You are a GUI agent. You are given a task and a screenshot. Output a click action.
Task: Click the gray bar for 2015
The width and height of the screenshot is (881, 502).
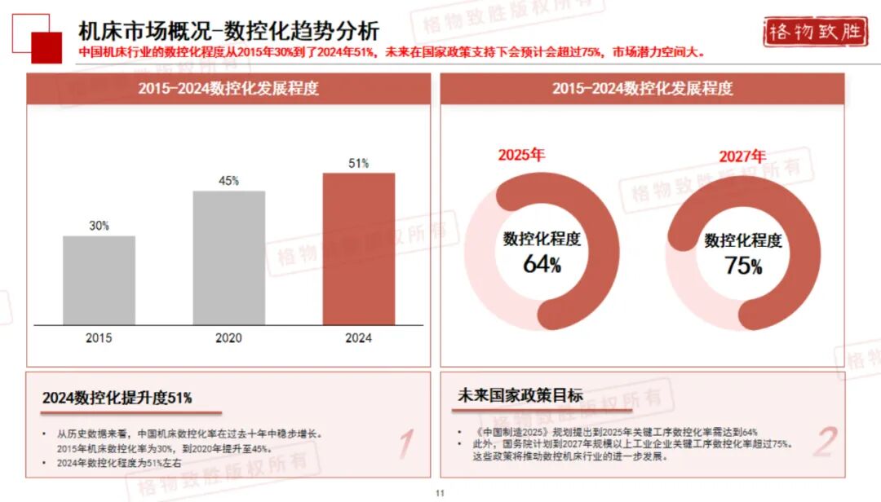tap(99, 280)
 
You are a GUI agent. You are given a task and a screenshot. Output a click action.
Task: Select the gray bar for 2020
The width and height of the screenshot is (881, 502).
tap(228, 258)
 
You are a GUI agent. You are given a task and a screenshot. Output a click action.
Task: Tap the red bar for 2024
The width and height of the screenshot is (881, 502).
tap(358, 249)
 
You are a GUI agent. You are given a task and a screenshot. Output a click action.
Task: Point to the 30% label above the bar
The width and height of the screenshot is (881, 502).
tap(99, 226)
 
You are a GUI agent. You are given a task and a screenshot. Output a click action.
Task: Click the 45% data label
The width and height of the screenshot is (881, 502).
tap(228, 181)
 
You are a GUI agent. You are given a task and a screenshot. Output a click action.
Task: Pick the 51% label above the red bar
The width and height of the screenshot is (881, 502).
tap(358, 163)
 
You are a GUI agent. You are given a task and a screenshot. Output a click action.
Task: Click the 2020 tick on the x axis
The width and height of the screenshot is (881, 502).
tap(228, 338)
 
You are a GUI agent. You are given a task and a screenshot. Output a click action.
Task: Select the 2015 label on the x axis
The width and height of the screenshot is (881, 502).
tap(99, 338)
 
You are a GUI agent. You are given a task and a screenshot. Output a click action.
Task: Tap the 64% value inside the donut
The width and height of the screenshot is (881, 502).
tap(542, 264)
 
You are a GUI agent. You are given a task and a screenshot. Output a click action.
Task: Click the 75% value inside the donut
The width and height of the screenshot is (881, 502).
tap(743, 266)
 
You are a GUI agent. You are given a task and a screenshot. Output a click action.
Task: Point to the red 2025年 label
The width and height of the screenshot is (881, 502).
tap(521, 154)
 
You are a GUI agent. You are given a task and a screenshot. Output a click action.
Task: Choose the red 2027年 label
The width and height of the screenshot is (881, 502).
tap(742, 156)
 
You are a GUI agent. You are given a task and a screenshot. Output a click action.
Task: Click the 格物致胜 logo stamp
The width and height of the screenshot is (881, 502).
tap(812, 33)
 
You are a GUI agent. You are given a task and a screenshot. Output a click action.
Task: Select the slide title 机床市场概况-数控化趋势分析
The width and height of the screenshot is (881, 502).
tap(228, 31)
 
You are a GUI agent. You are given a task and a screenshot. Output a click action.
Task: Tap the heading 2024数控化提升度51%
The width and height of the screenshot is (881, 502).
tap(117, 398)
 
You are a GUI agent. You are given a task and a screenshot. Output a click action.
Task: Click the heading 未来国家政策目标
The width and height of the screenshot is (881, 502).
tap(520, 396)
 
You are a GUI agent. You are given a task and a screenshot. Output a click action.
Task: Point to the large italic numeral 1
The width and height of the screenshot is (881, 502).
tap(405, 443)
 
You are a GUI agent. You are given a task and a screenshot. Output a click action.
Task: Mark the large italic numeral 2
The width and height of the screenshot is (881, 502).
tap(825, 442)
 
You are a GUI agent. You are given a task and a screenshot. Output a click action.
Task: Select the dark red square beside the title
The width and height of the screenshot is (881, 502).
tap(46, 47)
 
